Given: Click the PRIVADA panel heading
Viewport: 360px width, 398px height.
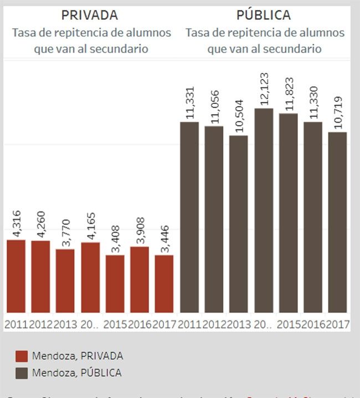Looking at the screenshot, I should pos(89,15).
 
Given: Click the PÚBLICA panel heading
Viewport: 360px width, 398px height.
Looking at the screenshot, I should pos(264,15).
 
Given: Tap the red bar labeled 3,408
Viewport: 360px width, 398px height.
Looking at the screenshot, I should pos(115,283).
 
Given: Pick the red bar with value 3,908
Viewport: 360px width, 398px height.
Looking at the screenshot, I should pos(140,280).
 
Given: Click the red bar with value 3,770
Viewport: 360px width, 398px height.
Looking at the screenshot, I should pos(65,281).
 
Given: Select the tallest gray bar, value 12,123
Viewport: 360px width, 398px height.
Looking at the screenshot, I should pos(264,210).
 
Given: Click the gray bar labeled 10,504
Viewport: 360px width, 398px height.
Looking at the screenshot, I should pos(239,224).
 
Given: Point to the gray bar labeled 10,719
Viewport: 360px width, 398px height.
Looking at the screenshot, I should pos(337,222).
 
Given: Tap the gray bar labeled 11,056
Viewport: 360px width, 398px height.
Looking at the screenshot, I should pos(214,219).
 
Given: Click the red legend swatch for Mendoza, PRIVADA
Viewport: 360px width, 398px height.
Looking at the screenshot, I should pos(22,356).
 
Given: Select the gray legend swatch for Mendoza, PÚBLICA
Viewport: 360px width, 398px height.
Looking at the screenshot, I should pos(22,373).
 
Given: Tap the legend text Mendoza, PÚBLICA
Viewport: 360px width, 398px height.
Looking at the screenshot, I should pos(76,373).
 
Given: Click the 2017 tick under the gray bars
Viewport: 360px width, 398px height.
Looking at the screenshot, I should pos(338,323).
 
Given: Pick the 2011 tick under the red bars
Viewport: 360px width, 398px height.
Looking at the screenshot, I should pos(16,323).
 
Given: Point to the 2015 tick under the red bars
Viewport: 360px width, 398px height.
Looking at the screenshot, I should pos(115,323).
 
